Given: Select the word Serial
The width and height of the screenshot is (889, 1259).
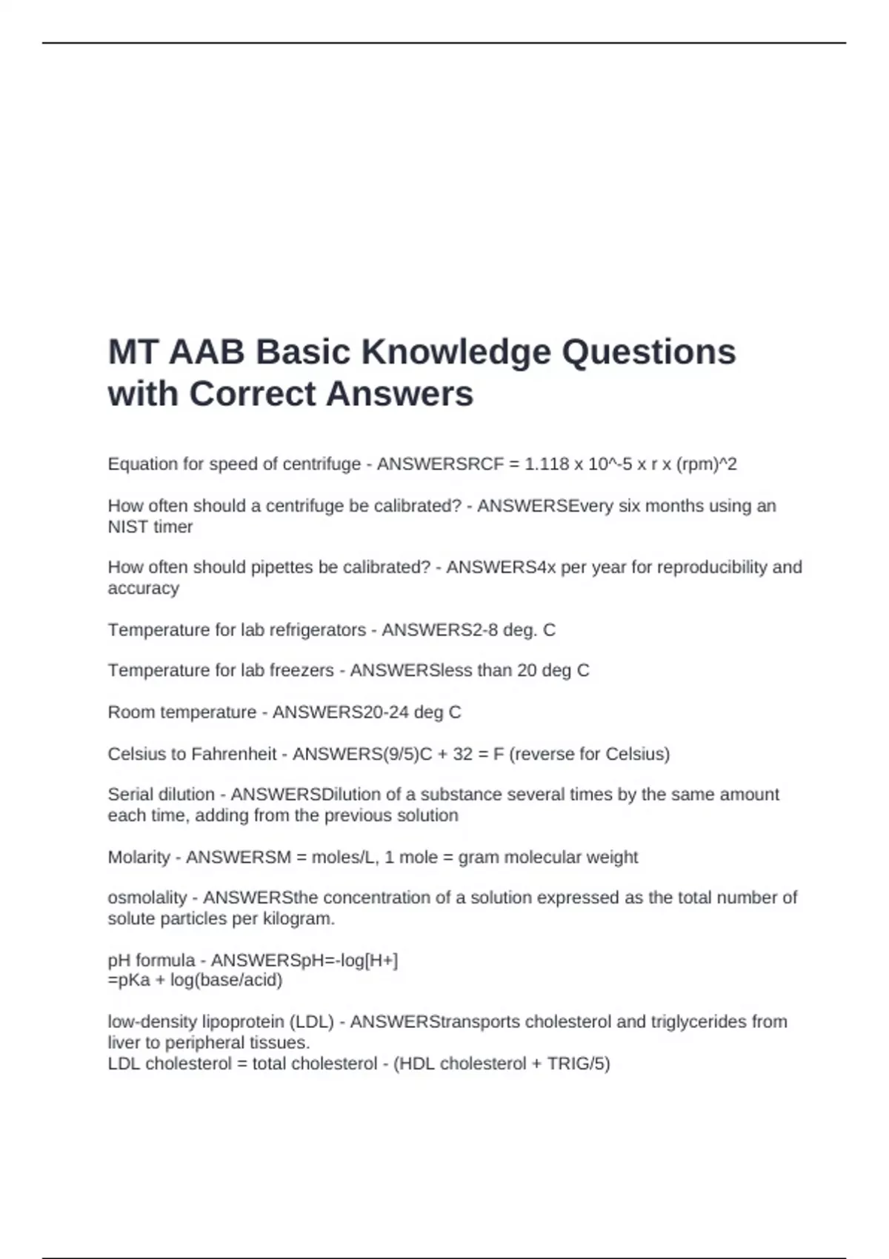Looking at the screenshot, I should [x=130, y=795].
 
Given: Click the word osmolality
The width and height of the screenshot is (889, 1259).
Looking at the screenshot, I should [x=147, y=898].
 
